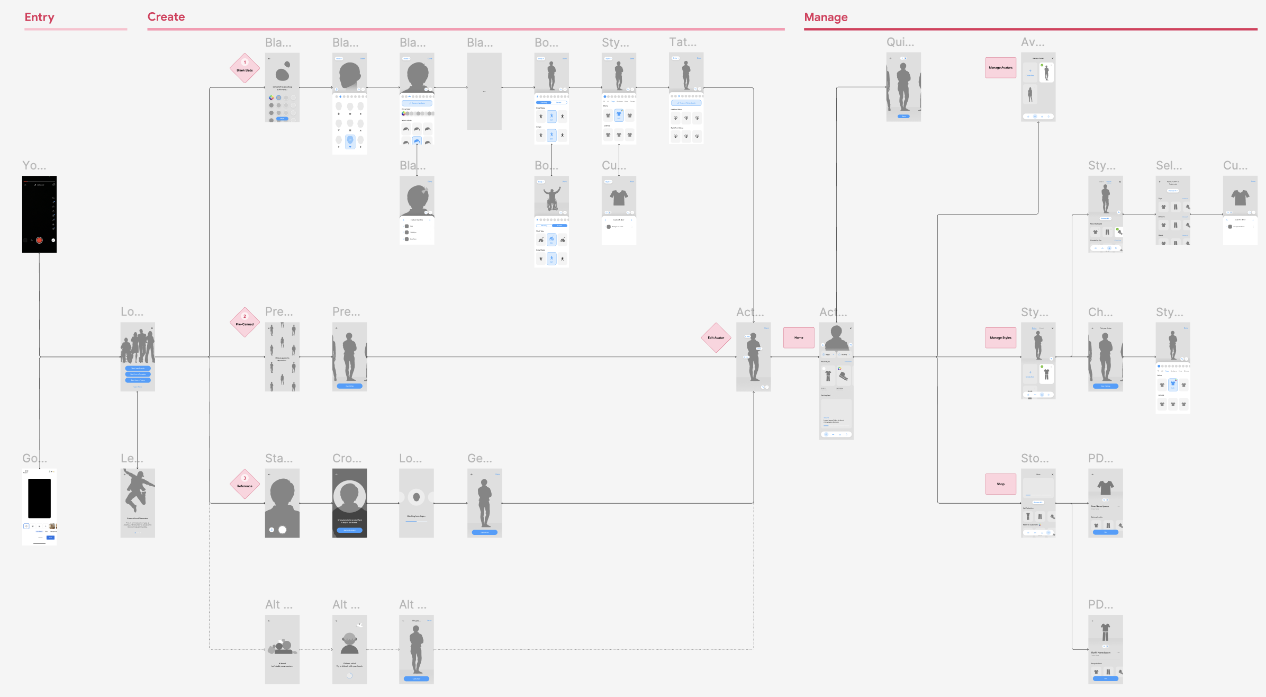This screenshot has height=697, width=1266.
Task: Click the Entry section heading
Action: (39, 17)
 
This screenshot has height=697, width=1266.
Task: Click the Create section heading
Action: (166, 17)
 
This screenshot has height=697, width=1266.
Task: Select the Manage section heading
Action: (826, 17)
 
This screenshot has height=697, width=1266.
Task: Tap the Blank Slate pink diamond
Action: (245, 68)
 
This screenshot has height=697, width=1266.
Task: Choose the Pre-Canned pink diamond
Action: (245, 322)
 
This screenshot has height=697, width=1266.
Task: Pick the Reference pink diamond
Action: (245, 484)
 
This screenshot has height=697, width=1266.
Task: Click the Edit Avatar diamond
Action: (716, 337)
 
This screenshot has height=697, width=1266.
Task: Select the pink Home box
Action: (799, 337)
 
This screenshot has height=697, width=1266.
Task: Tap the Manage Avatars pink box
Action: (1000, 68)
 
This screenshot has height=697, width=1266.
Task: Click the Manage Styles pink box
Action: (1000, 337)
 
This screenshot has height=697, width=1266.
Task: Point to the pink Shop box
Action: (1000, 484)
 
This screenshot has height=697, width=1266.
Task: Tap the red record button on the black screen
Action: (39, 240)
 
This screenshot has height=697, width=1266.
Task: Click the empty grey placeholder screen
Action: (484, 91)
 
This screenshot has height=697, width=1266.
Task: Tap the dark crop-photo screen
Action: (349, 503)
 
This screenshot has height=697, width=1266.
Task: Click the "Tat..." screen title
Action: (682, 42)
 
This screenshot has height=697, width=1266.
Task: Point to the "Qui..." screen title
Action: (900, 42)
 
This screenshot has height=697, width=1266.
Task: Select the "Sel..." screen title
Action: (1169, 166)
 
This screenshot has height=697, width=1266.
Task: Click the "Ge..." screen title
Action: (480, 459)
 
